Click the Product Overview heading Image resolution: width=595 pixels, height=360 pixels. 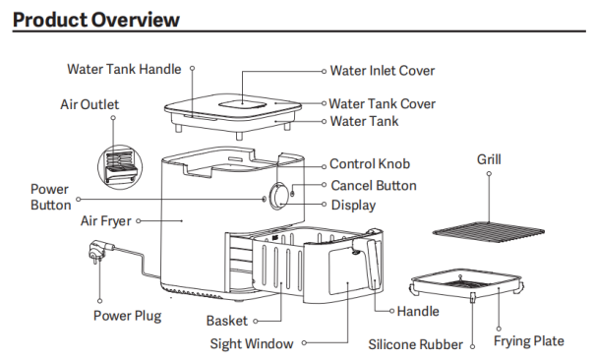96,20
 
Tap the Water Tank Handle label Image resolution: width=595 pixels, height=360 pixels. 124,69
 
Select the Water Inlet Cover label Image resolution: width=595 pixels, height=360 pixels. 383,71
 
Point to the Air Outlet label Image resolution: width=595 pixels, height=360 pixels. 89,104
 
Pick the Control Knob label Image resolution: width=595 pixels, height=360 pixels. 370,164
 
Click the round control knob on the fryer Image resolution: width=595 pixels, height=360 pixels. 279,196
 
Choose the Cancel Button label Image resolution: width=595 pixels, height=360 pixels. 374,186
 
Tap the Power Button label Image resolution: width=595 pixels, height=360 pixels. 50,198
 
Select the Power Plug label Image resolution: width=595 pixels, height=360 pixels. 128,316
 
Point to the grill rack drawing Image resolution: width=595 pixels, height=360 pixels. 489,230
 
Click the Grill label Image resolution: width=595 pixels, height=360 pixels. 489,159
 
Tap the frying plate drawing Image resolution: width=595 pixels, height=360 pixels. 467,285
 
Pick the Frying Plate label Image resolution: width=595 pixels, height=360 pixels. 528,341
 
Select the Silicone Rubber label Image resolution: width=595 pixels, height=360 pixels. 415,344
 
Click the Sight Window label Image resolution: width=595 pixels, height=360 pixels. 252,343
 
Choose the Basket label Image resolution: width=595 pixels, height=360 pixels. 227,321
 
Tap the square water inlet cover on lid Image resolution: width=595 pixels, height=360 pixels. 242,103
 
